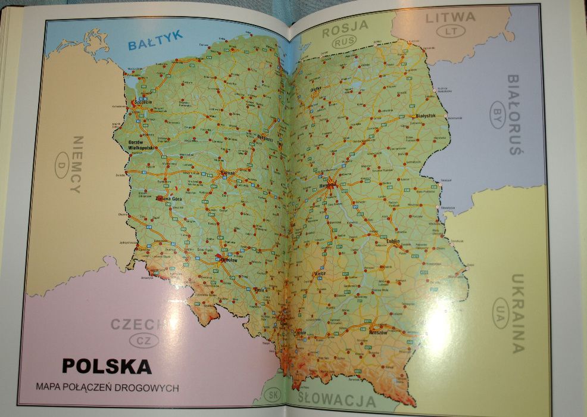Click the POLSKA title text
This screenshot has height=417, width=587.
point(107,365)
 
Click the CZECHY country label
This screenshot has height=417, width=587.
point(136,325)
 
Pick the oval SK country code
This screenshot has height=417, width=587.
point(274,395)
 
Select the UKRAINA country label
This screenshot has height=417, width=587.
point(517,312)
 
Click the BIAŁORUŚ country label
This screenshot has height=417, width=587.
point(514,114)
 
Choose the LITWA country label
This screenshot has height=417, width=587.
point(450,17)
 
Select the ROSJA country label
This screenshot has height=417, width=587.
point(345,26)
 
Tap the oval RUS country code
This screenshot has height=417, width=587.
point(345,42)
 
